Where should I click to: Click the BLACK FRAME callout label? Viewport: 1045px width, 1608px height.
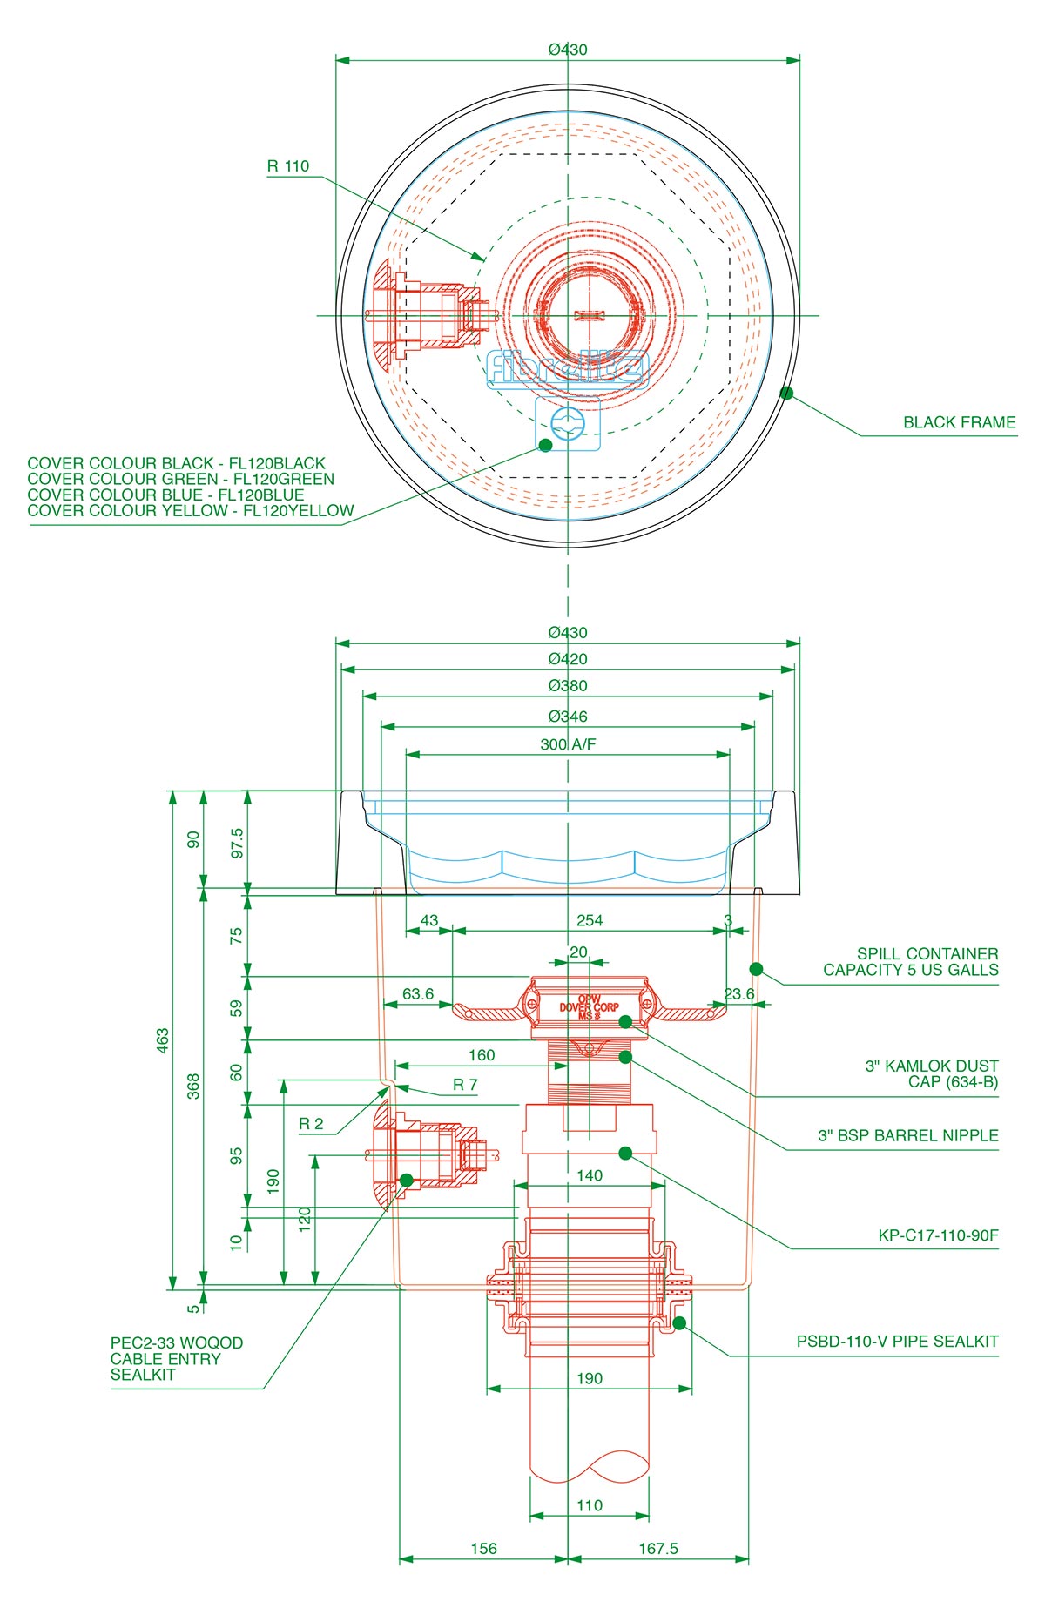(x=959, y=422)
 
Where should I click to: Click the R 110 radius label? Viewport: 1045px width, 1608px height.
(x=288, y=166)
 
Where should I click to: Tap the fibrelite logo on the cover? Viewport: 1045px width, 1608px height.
(x=568, y=368)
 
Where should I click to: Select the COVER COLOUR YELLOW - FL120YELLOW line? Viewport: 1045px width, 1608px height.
(x=191, y=511)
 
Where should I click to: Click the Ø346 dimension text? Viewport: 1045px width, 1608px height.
(x=568, y=717)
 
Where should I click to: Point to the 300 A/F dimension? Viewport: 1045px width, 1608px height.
(x=568, y=744)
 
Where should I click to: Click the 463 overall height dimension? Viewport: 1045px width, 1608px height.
(x=163, y=1040)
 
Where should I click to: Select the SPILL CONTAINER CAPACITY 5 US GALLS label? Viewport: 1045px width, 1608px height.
(x=911, y=962)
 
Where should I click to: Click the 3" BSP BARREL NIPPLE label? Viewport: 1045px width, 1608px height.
(x=907, y=1135)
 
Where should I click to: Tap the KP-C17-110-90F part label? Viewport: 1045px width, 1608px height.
(x=938, y=1235)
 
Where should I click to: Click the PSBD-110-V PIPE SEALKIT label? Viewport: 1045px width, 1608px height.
(x=897, y=1342)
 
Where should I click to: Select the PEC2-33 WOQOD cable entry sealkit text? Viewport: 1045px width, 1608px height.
(x=177, y=1358)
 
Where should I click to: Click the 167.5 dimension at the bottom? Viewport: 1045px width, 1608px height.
(x=657, y=1549)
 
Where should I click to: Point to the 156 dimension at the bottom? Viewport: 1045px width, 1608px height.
(x=483, y=1549)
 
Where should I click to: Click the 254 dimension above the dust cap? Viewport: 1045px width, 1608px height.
(x=590, y=920)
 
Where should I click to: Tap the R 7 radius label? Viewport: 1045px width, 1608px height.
(x=465, y=1085)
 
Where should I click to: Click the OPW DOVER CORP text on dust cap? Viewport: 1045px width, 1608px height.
(x=590, y=1006)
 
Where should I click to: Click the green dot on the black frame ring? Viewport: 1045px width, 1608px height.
(x=786, y=393)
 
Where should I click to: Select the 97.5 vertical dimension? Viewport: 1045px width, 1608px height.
(x=237, y=843)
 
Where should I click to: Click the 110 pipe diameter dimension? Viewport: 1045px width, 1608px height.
(x=590, y=1505)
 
